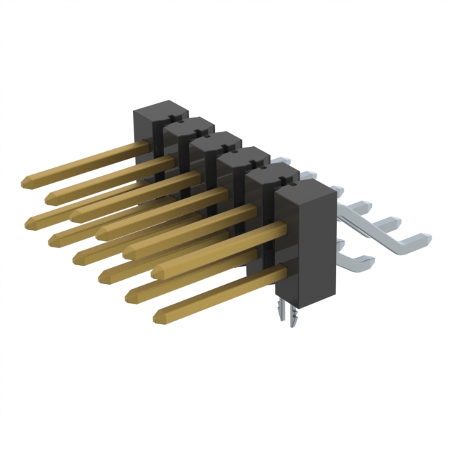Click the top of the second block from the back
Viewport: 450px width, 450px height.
[x=190, y=125]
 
